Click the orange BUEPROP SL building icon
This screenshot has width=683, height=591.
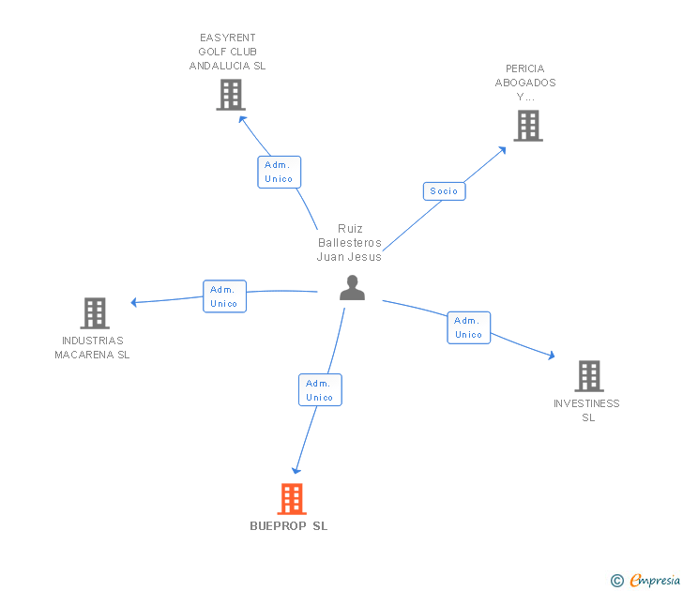click(292, 499)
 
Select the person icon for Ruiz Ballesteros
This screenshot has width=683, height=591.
click(352, 288)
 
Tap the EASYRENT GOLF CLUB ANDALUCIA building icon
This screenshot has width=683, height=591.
click(230, 95)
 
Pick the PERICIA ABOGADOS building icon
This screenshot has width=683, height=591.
click(528, 126)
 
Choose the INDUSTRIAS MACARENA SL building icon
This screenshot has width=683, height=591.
click(95, 313)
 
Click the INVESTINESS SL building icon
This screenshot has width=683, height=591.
click(588, 376)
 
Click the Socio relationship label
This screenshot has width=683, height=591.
click(444, 191)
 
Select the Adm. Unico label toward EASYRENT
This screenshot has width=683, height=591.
click(279, 172)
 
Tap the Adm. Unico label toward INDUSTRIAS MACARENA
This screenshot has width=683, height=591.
click(224, 296)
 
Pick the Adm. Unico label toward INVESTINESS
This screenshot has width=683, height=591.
click(468, 327)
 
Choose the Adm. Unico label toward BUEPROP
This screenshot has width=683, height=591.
click(319, 390)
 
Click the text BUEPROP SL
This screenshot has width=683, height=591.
click(289, 526)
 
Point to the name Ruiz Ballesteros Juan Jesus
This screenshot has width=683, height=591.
click(349, 243)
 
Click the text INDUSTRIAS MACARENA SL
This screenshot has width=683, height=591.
click(92, 348)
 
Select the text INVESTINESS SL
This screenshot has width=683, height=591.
click(587, 411)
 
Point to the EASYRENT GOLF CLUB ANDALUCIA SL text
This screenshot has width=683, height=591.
click(228, 52)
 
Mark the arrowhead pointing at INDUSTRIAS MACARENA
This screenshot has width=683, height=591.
click(134, 302)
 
